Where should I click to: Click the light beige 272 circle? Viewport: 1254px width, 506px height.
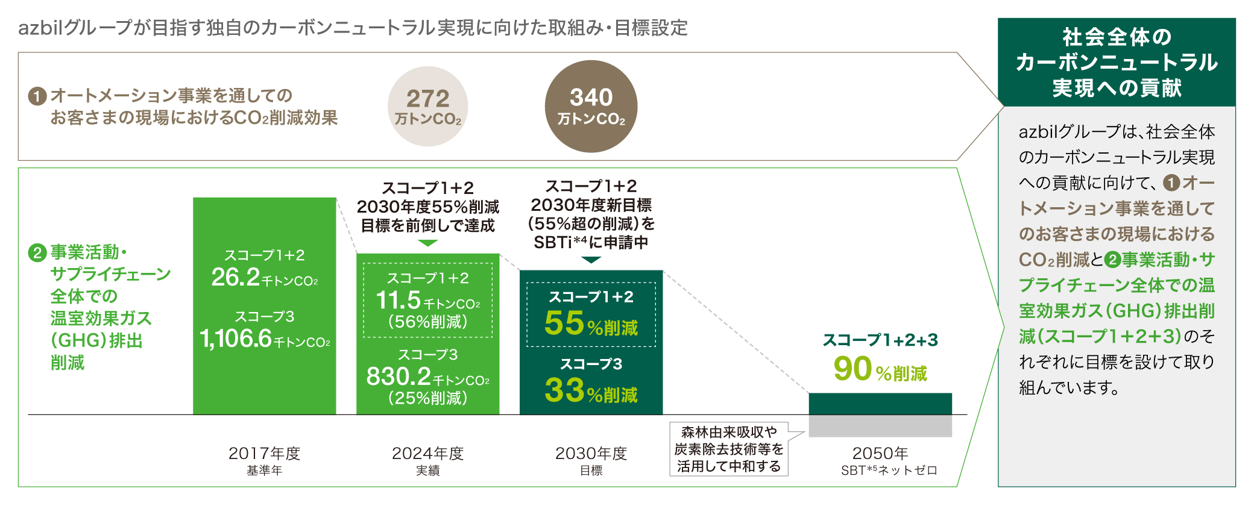pyautogui.click(x=427, y=106)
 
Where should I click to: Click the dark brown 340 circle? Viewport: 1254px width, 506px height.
pyautogui.click(x=591, y=106)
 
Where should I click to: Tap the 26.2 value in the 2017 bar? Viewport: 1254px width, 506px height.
pyautogui.click(x=236, y=277)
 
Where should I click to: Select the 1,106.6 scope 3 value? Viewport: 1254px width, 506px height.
pyautogui.click(x=236, y=339)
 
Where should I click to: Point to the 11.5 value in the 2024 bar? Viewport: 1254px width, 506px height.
pyautogui.click(x=398, y=300)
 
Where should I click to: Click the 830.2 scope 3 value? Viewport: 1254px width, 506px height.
pyautogui.click(x=399, y=376)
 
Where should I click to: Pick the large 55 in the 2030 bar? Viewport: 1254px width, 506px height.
pyautogui.click(x=564, y=323)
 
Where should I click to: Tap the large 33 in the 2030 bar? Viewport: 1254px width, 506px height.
pyautogui.click(x=564, y=390)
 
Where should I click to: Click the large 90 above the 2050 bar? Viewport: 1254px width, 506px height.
pyautogui.click(x=852, y=369)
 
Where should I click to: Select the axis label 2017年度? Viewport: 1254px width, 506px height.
pyautogui.click(x=264, y=453)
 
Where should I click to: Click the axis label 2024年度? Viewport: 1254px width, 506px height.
pyautogui.click(x=427, y=453)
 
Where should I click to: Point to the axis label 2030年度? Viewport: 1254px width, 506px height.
pyautogui.click(x=591, y=453)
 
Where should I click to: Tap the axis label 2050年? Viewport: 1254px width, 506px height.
pyautogui.click(x=880, y=453)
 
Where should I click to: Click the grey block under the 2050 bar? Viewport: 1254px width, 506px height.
pyautogui.click(x=880, y=426)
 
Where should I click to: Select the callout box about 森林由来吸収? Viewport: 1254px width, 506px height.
pyautogui.click(x=729, y=449)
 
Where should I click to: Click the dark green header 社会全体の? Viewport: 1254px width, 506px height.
pyautogui.click(x=1117, y=62)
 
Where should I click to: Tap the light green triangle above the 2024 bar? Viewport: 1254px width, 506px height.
pyautogui.click(x=427, y=243)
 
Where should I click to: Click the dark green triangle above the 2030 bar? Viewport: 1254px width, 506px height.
pyautogui.click(x=591, y=260)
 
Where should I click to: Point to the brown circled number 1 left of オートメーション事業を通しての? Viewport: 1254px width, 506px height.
pyautogui.click(x=37, y=96)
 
